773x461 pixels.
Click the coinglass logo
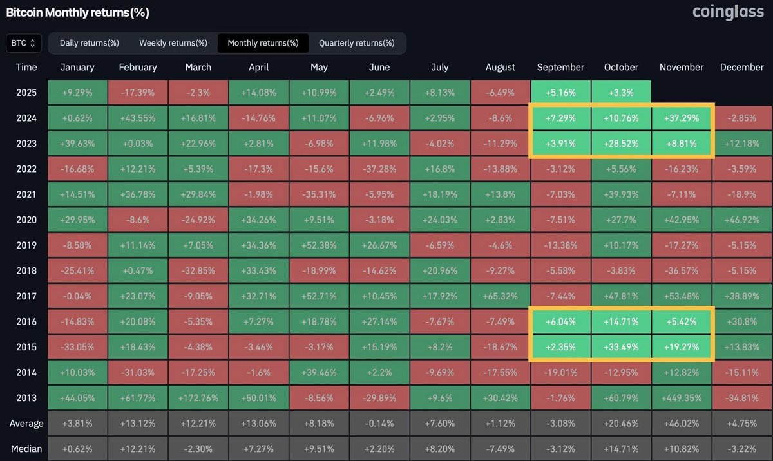[728, 12]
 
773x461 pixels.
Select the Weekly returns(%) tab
[173, 43]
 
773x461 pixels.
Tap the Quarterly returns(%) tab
[356, 43]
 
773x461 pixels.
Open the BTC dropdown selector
[24, 43]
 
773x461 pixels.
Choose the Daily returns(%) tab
[90, 43]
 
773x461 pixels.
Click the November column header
[682, 67]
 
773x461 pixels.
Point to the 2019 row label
[26, 245]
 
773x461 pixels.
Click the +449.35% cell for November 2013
[682, 398]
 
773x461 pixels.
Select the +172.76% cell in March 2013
[198, 398]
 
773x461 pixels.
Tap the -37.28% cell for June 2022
[379, 169]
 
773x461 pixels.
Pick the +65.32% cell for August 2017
[500, 296]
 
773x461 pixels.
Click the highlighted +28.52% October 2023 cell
[621, 144]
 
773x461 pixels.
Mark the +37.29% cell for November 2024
[682, 118]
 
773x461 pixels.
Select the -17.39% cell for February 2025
[137, 93]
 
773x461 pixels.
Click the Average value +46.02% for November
[682, 424]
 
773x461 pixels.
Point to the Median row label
[26, 449]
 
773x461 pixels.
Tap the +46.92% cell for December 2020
[741, 220]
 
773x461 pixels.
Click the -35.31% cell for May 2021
[319, 194]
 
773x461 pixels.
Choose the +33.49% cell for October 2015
[621, 347]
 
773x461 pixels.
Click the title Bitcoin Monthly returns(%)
[77, 12]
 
